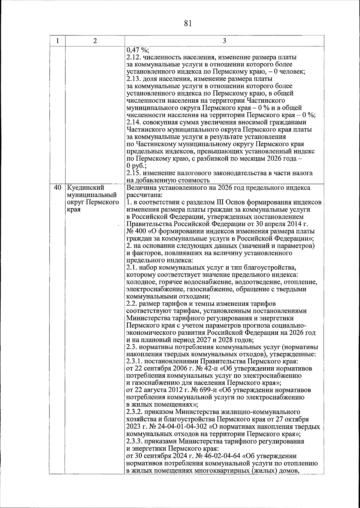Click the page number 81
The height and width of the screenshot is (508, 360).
[188, 23]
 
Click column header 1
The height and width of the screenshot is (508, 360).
[57, 41]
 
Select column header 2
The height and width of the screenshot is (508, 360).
[95, 41]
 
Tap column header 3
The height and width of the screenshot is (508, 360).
[224, 41]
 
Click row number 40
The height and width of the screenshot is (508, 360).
[57, 188]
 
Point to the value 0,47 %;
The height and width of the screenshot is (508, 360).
[136, 50]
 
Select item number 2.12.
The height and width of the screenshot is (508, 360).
[133, 57]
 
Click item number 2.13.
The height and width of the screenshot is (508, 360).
[133, 79]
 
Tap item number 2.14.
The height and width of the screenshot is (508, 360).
[133, 122]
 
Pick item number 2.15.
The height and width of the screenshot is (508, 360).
[133, 173]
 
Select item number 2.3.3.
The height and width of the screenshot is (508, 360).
[135, 441]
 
